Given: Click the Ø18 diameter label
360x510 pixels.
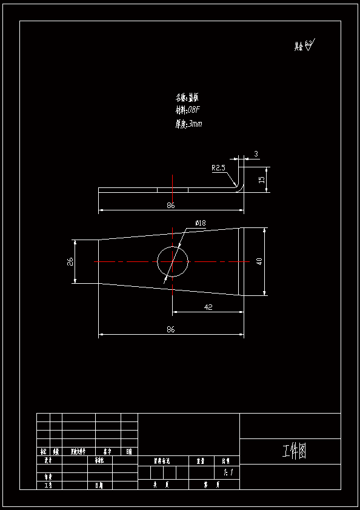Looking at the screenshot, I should [200, 223].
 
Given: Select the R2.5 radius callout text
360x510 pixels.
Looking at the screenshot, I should [219, 168].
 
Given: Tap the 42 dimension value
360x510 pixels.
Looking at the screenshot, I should [208, 307].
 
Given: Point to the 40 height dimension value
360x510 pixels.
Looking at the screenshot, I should [259, 261].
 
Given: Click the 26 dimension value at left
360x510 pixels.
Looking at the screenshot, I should [70, 261].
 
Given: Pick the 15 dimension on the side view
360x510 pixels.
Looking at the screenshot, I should [262, 180].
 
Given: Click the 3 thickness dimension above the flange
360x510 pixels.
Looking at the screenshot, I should [256, 154].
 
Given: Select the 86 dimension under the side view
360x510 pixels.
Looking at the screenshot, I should [171, 206].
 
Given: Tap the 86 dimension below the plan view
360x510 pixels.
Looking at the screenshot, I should [171, 329].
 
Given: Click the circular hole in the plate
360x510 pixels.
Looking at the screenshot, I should [173, 261].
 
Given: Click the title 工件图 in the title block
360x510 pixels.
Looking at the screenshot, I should [294, 451].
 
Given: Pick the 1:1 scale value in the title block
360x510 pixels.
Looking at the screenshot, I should [228, 472].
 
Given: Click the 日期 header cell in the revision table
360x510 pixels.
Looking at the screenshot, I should [129, 452].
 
